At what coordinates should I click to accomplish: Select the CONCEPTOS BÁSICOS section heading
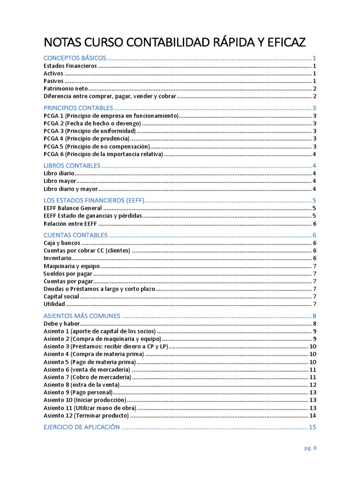point(75,58)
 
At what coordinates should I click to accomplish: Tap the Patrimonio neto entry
point(66,89)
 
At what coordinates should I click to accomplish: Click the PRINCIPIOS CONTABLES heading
point(78,108)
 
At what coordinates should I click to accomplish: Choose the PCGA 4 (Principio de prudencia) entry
point(86,139)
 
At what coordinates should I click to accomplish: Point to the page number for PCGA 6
point(315,154)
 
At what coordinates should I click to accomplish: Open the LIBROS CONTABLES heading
point(72,166)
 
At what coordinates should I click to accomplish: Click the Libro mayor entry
point(60,181)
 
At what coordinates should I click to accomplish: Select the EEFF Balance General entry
point(72,208)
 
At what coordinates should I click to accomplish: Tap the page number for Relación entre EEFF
point(315,224)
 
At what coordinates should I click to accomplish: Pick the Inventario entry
point(58,258)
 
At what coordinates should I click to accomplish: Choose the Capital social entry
point(61,296)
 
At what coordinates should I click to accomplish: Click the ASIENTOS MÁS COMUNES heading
point(82,316)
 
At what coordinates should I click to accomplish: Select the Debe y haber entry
point(62,323)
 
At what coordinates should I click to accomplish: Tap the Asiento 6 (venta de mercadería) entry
point(87,369)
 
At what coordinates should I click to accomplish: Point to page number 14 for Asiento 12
point(313,415)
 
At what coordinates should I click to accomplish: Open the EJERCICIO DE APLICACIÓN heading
point(82,427)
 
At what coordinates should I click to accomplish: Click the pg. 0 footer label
point(310,448)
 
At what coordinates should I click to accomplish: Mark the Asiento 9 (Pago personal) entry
point(78,392)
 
